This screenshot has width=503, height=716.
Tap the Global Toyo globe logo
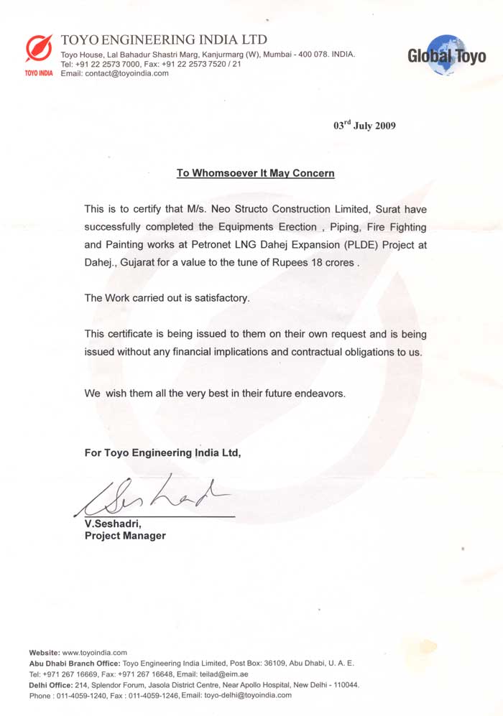[x=446, y=55]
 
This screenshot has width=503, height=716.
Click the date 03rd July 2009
[x=364, y=125]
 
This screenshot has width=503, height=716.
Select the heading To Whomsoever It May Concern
[x=256, y=173]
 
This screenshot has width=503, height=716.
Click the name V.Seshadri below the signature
[x=114, y=524]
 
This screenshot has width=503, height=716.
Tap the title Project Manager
[x=125, y=536]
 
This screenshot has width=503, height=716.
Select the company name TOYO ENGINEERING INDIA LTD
[x=164, y=39]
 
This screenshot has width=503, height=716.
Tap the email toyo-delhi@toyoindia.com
[x=248, y=695]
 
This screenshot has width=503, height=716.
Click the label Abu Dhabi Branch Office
[x=75, y=663]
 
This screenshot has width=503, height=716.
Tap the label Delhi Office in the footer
[x=55, y=684]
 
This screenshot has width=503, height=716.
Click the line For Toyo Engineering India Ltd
[x=163, y=453]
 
